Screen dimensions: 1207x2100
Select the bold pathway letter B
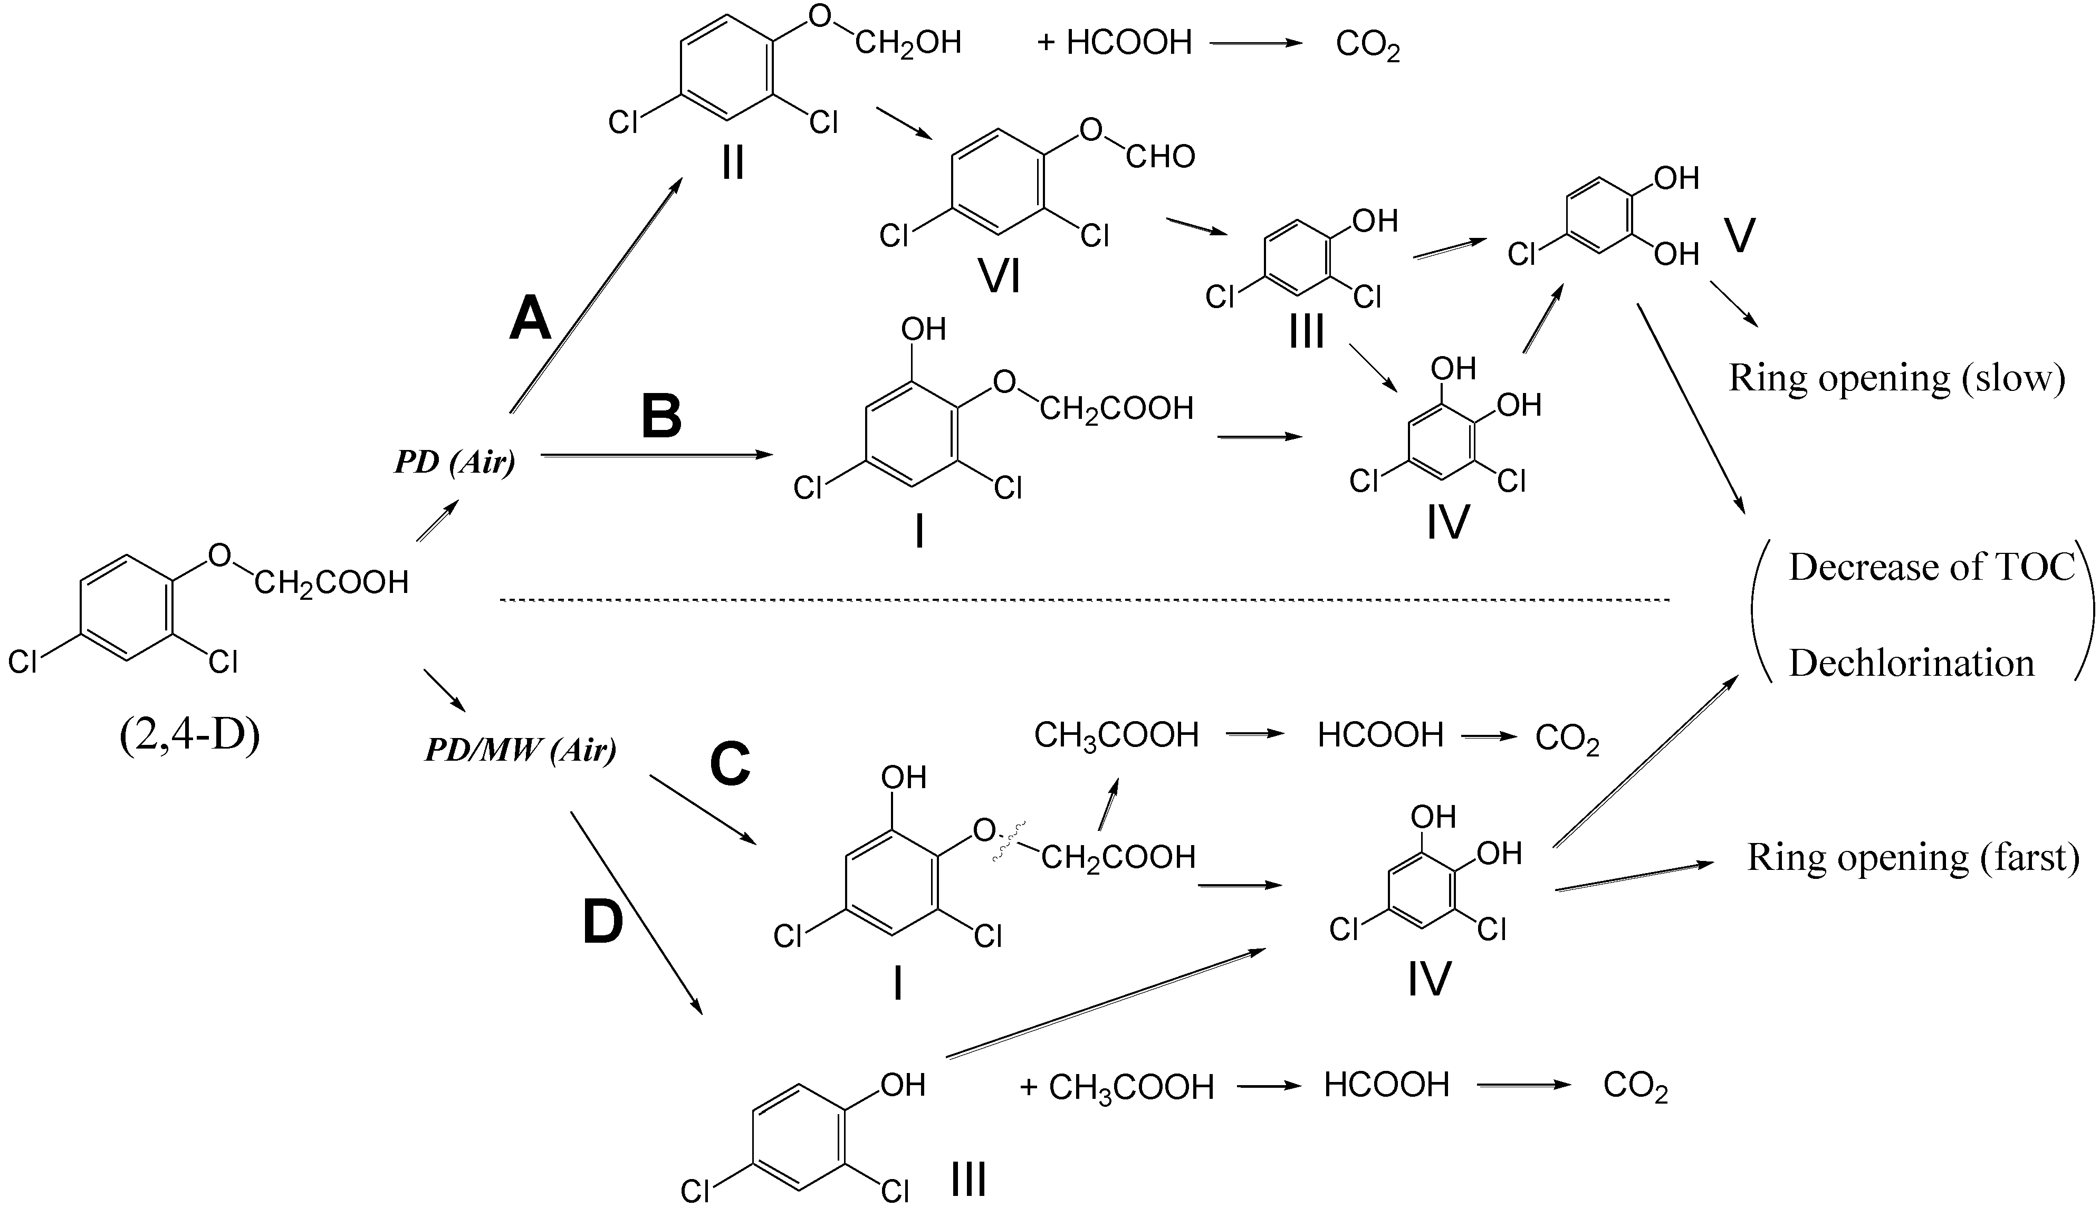point(661,416)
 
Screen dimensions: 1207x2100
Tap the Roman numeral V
point(1739,236)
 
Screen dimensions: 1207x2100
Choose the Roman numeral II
point(733,164)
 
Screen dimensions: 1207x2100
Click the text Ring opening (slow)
point(1896,379)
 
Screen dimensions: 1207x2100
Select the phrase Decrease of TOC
point(1931,568)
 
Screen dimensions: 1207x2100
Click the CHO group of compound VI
point(1160,157)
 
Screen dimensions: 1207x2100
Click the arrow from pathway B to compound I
point(655,454)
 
